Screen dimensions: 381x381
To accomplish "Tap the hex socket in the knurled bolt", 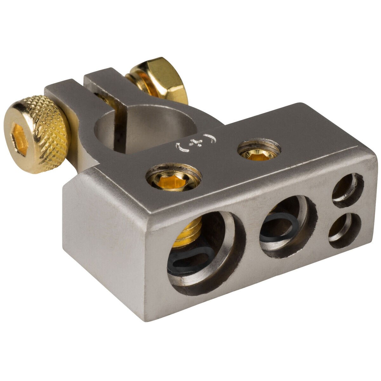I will coord(19,140).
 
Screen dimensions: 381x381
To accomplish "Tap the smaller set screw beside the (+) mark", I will coord(259,150).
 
